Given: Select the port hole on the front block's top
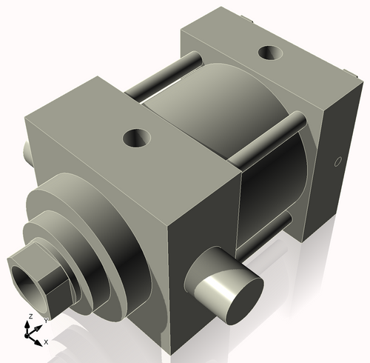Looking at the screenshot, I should point(137,137).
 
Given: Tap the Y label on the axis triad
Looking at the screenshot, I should point(46,319).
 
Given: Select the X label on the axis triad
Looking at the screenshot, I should point(46,342).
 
